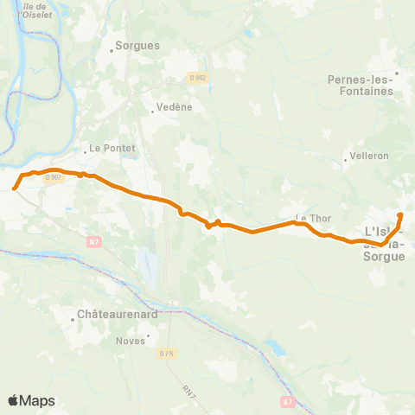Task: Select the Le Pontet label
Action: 113,148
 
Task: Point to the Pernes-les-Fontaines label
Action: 361,85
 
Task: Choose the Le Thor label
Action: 314,218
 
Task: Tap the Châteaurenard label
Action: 117,315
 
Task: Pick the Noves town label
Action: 131,340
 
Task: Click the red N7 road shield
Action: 93,242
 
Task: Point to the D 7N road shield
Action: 167,354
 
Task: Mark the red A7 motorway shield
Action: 289,401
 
